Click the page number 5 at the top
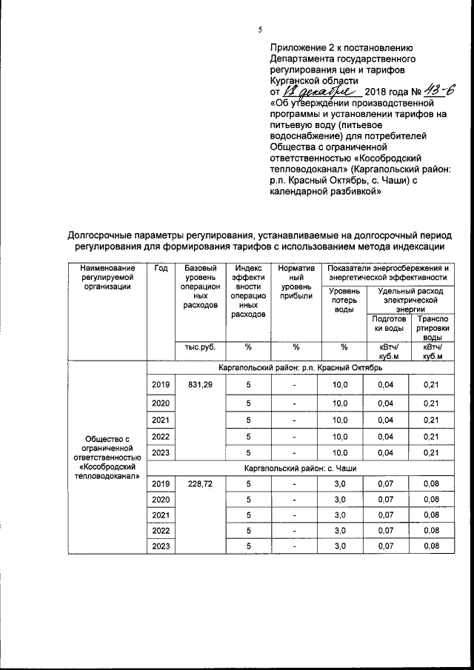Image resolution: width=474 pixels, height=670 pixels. pos(260,30)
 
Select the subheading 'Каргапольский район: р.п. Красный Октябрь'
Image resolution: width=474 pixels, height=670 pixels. pos(300,368)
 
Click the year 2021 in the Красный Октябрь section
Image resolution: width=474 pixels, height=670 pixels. pos(161,420)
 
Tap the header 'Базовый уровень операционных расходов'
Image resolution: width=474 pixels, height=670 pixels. pos(198,287)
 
